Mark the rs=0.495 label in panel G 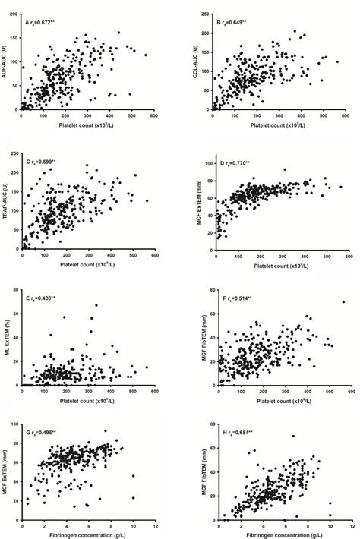(43, 431)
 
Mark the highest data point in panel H (292, 436)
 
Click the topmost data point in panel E (96, 305)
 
